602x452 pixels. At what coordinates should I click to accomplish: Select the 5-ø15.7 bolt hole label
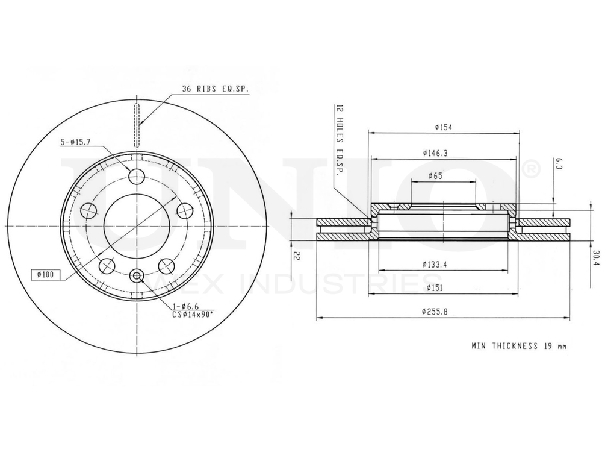76,143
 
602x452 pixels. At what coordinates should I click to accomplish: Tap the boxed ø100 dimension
46,275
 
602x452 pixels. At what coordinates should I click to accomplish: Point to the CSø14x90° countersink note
193,315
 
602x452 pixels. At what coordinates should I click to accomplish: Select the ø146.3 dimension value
435,153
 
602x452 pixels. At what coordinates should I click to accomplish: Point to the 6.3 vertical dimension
558,163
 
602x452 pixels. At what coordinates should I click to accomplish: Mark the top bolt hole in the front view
138,177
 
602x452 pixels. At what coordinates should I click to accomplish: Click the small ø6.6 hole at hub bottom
138,277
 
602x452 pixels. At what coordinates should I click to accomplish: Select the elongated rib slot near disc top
138,125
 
